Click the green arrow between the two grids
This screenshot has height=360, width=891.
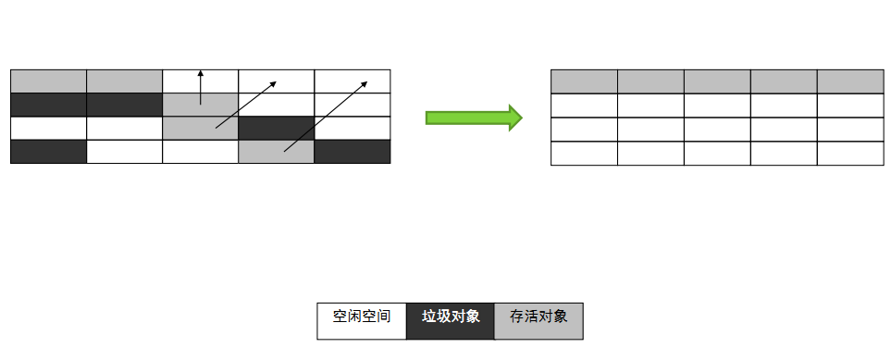[x=473, y=118]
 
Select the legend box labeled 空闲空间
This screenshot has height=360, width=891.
[x=361, y=320]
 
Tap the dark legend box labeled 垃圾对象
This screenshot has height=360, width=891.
[x=451, y=320]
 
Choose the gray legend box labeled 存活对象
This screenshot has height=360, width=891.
[x=538, y=320]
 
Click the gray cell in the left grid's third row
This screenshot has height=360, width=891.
[x=200, y=128]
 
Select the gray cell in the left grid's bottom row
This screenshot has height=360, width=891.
[x=276, y=152]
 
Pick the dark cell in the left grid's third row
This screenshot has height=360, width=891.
[x=276, y=128]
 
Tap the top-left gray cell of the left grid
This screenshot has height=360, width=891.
[x=48, y=81]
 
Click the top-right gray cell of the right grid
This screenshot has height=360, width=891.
[x=850, y=81]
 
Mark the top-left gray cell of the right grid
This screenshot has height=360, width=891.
[x=584, y=81]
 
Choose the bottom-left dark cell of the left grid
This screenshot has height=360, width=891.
[x=48, y=152]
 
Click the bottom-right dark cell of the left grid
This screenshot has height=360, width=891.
[x=353, y=152]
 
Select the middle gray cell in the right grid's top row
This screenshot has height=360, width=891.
[x=717, y=81]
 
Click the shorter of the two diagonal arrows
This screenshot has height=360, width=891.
[x=246, y=104]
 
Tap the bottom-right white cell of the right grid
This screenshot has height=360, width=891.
[x=850, y=153]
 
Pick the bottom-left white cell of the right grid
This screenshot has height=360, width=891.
[x=584, y=153]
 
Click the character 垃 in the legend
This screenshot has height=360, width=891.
[x=428, y=317]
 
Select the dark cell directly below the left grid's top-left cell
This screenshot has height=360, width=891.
[x=48, y=105]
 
